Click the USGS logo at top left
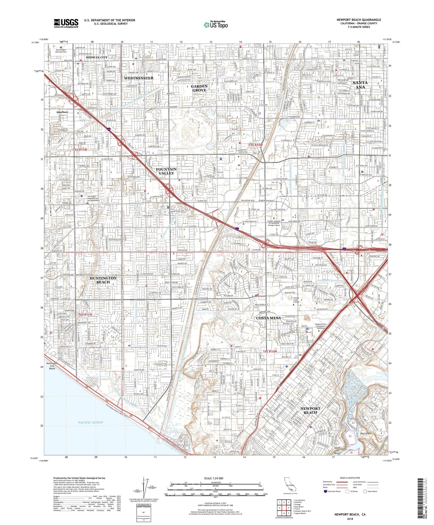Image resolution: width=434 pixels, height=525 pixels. (66, 23)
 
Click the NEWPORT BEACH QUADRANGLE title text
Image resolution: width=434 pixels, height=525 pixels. (359, 20)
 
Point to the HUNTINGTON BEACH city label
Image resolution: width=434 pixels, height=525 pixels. (103, 280)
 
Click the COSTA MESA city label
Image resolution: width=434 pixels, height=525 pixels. (269, 318)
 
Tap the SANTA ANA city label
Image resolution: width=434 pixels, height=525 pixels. (360, 85)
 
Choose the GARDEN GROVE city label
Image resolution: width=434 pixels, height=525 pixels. (199, 88)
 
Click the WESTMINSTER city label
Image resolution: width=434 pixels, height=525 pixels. (138, 78)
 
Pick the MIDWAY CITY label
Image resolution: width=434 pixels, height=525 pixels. (96, 57)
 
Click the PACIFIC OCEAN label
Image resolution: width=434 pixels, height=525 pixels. (91, 422)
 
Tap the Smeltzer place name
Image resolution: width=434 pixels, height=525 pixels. (62, 112)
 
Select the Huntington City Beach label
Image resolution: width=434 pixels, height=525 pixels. (52, 366)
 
